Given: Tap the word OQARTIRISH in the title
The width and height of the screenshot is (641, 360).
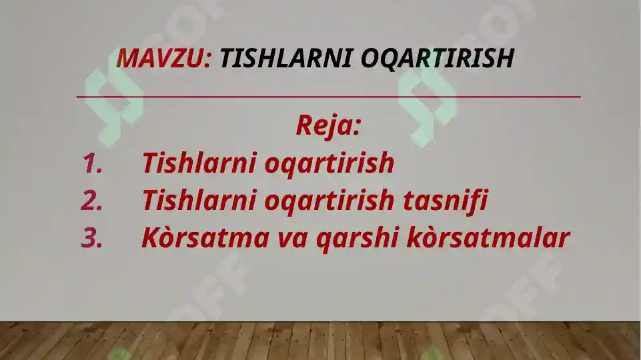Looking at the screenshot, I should (x=437, y=59).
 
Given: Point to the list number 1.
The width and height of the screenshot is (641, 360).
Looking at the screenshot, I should (x=92, y=163).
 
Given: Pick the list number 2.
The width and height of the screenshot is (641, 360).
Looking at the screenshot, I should (x=92, y=201).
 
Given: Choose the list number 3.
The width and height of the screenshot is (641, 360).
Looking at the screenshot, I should (x=92, y=238).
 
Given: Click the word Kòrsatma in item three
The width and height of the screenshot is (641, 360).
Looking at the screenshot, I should (x=205, y=238).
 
